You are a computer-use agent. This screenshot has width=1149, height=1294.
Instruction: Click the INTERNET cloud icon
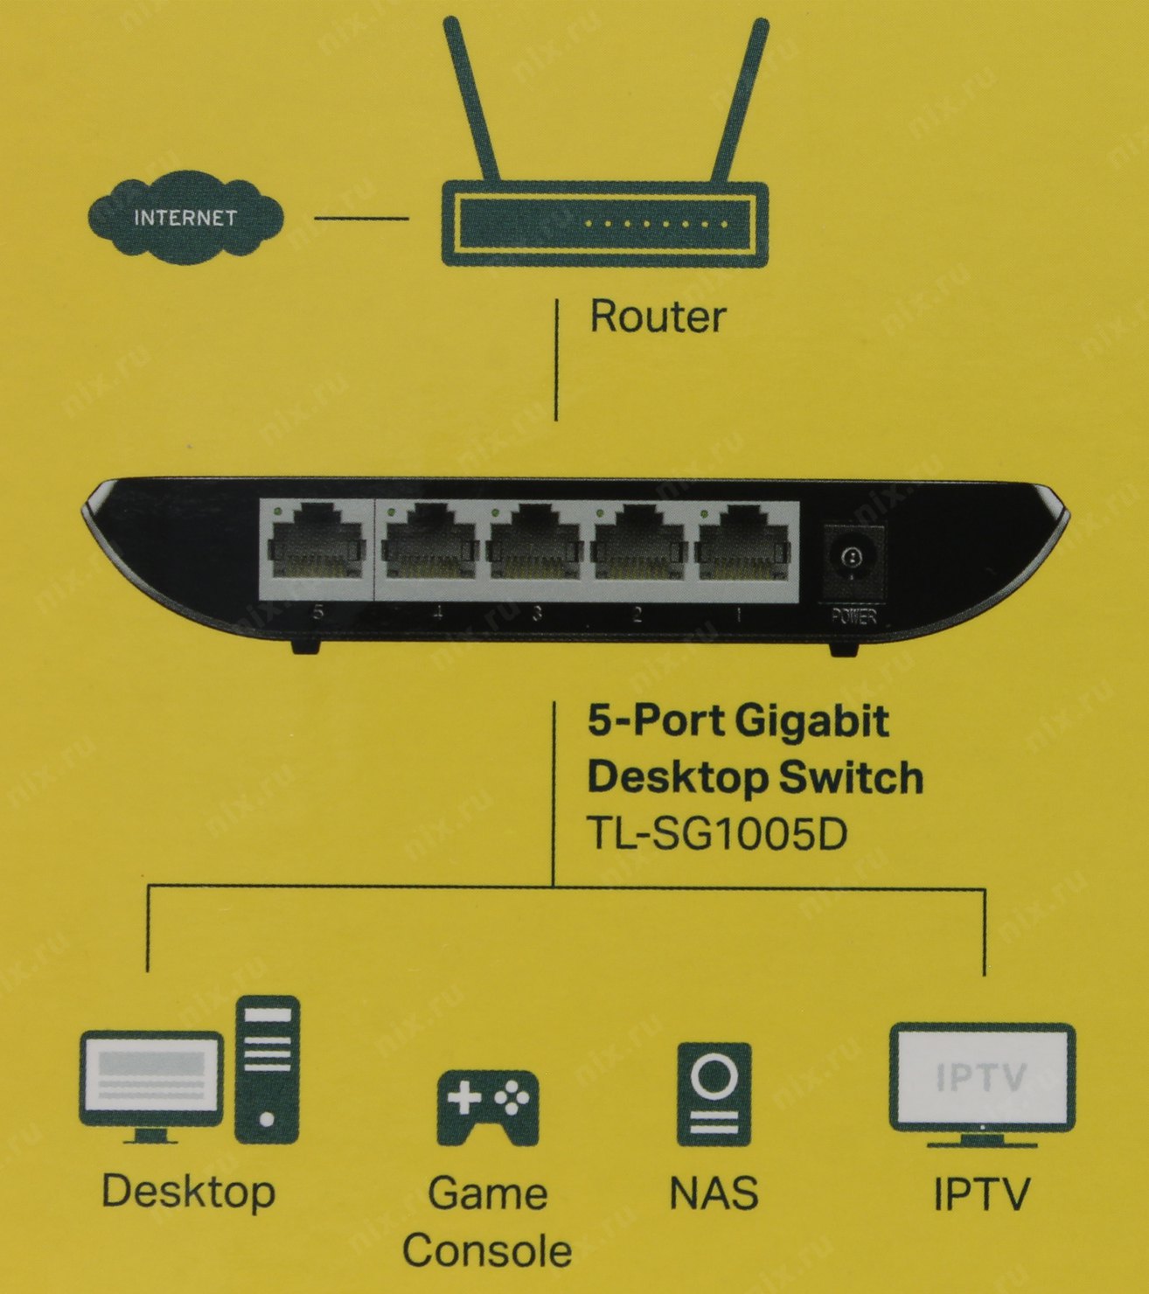pyautogui.click(x=185, y=218)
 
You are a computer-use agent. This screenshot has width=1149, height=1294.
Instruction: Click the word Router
pyautogui.click(x=658, y=316)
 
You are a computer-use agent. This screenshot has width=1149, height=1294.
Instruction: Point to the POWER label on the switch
pyautogui.click(x=853, y=617)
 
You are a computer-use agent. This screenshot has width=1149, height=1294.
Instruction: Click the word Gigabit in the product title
pyautogui.click(x=811, y=721)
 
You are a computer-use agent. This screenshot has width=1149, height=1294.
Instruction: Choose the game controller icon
pyautogui.click(x=487, y=1106)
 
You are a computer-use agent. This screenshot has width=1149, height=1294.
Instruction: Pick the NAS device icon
pyautogui.click(x=714, y=1093)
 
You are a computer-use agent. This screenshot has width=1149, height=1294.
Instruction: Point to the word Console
pyautogui.click(x=487, y=1250)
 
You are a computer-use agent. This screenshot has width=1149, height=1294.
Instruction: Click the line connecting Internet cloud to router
pyautogui.click(x=360, y=219)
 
